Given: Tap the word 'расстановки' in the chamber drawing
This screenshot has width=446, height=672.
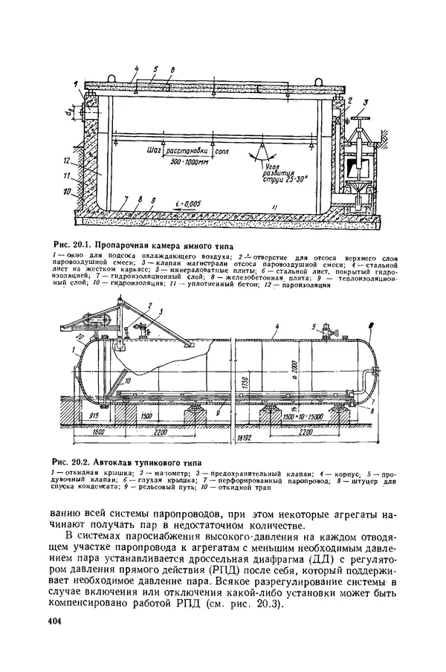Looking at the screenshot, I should coord(187,149).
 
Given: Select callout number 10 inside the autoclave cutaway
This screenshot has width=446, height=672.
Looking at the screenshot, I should coord(129,381).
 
